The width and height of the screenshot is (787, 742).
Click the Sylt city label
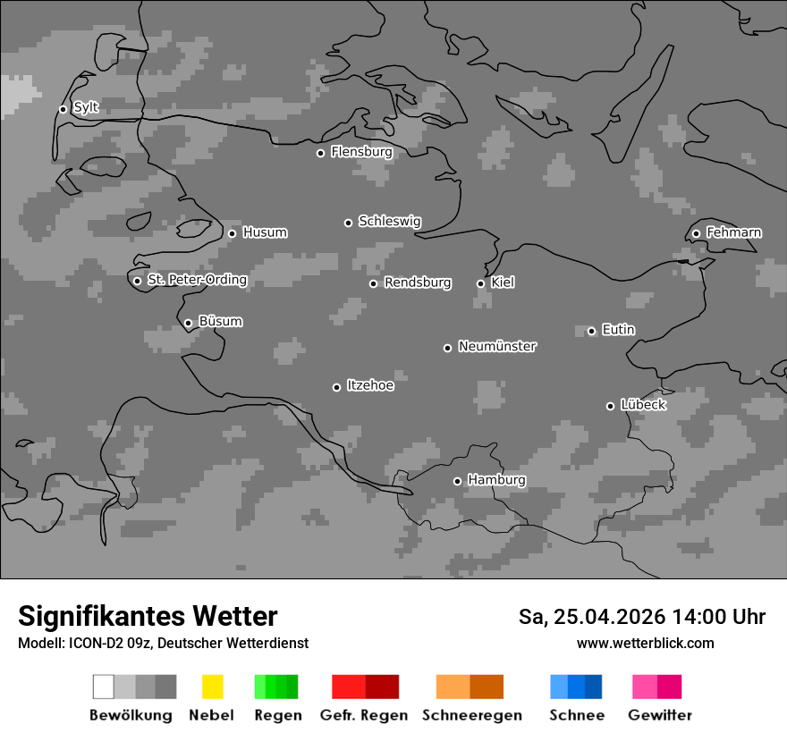86,108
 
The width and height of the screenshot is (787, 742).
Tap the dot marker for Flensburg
320,153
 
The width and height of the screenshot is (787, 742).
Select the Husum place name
265,232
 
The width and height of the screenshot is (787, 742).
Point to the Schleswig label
389,222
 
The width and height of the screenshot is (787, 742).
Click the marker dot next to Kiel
480,283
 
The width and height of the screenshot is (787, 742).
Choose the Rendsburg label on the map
418,282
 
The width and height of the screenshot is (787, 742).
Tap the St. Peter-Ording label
197,280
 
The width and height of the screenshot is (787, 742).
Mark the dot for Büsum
188,324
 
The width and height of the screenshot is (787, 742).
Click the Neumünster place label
497,346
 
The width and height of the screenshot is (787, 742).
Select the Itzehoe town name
370,385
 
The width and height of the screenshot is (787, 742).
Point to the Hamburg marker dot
457,481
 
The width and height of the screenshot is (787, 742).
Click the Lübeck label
643,405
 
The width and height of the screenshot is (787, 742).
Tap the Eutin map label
618,330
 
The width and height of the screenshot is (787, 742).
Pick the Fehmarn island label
733,232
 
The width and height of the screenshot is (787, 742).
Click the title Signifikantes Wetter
148,617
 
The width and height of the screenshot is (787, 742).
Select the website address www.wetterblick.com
645,644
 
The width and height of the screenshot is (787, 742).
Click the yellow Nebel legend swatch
212,687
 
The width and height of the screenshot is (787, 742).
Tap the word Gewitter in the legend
659,715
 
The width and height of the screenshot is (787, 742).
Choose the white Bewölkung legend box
104,687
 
